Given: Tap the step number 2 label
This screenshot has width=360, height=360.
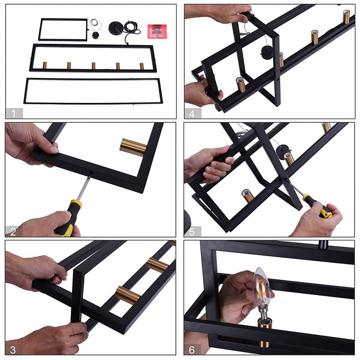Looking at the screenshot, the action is click(x=13, y=232).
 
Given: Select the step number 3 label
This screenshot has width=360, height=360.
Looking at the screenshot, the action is click(x=13, y=350).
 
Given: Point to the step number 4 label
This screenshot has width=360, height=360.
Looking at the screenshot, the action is click(x=192, y=114).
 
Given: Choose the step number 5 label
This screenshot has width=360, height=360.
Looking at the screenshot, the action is click(x=192, y=232).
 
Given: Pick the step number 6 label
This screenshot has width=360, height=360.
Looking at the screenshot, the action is click(x=192, y=350).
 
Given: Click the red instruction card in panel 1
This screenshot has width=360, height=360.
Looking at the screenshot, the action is click(x=157, y=31).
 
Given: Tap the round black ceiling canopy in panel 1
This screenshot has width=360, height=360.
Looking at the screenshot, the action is click(x=116, y=28).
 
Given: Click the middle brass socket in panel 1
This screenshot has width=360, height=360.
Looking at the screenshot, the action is click(x=93, y=66).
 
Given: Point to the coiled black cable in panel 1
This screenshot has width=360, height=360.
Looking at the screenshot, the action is click(x=132, y=28).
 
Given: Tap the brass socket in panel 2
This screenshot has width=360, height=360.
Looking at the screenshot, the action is click(x=133, y=147).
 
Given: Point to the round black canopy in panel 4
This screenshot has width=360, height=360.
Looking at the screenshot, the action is click(x=266, y=52).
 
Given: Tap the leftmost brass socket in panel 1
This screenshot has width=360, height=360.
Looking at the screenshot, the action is click(x=45, y=65).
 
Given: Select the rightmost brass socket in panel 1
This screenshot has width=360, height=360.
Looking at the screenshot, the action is click(x=142, y=66).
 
